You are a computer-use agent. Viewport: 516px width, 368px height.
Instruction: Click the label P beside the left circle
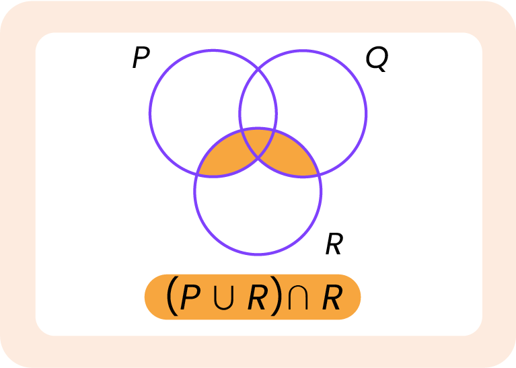tap(141, 59)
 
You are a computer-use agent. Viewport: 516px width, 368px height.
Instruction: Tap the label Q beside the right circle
tap(377, 59)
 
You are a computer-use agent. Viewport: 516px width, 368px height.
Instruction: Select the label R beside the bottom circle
tap(334, 245)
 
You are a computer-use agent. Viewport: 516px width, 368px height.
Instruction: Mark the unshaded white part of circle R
tap(258, 209)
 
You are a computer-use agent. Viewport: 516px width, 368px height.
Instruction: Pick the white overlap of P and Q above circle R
tap(258, 101)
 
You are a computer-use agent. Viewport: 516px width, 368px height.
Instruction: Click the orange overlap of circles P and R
tap(222, 158)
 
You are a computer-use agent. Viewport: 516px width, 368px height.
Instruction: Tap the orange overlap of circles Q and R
tap(293, 158)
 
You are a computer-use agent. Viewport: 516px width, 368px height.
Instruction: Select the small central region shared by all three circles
tap(258, 141)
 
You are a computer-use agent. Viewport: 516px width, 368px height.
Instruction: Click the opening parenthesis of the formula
tap(172, 298)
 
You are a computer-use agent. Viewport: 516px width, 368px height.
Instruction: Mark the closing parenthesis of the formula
tap(275, 298)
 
